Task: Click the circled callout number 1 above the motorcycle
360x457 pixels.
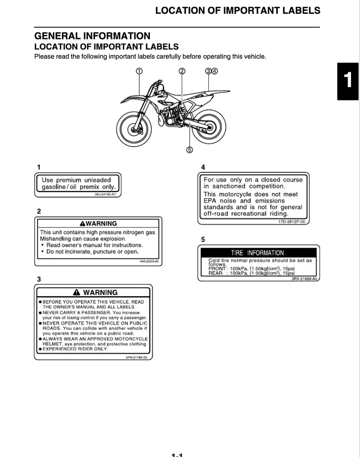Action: click(x=139, y=71)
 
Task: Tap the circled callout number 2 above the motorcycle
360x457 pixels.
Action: click(x=182, y=71)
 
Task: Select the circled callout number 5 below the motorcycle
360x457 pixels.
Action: click(x=189, y=149)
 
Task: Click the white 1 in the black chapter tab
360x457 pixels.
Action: click(x=348, y=81)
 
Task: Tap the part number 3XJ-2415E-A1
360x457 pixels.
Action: click(x=105, y=195)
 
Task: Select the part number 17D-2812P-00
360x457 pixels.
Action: click(x=292, y=222)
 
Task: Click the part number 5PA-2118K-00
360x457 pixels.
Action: click(x=136, y=357)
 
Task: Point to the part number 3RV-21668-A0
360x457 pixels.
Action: click(x=304, y=279)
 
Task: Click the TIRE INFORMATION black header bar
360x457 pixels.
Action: click(x=257, y=253)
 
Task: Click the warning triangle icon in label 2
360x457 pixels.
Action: click(x=83, y=223)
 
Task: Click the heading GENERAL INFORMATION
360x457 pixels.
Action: click(x=92, y=36)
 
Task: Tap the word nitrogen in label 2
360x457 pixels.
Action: click(x=134, y=232)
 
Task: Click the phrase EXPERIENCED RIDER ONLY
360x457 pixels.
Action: click(x=75, y=349)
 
